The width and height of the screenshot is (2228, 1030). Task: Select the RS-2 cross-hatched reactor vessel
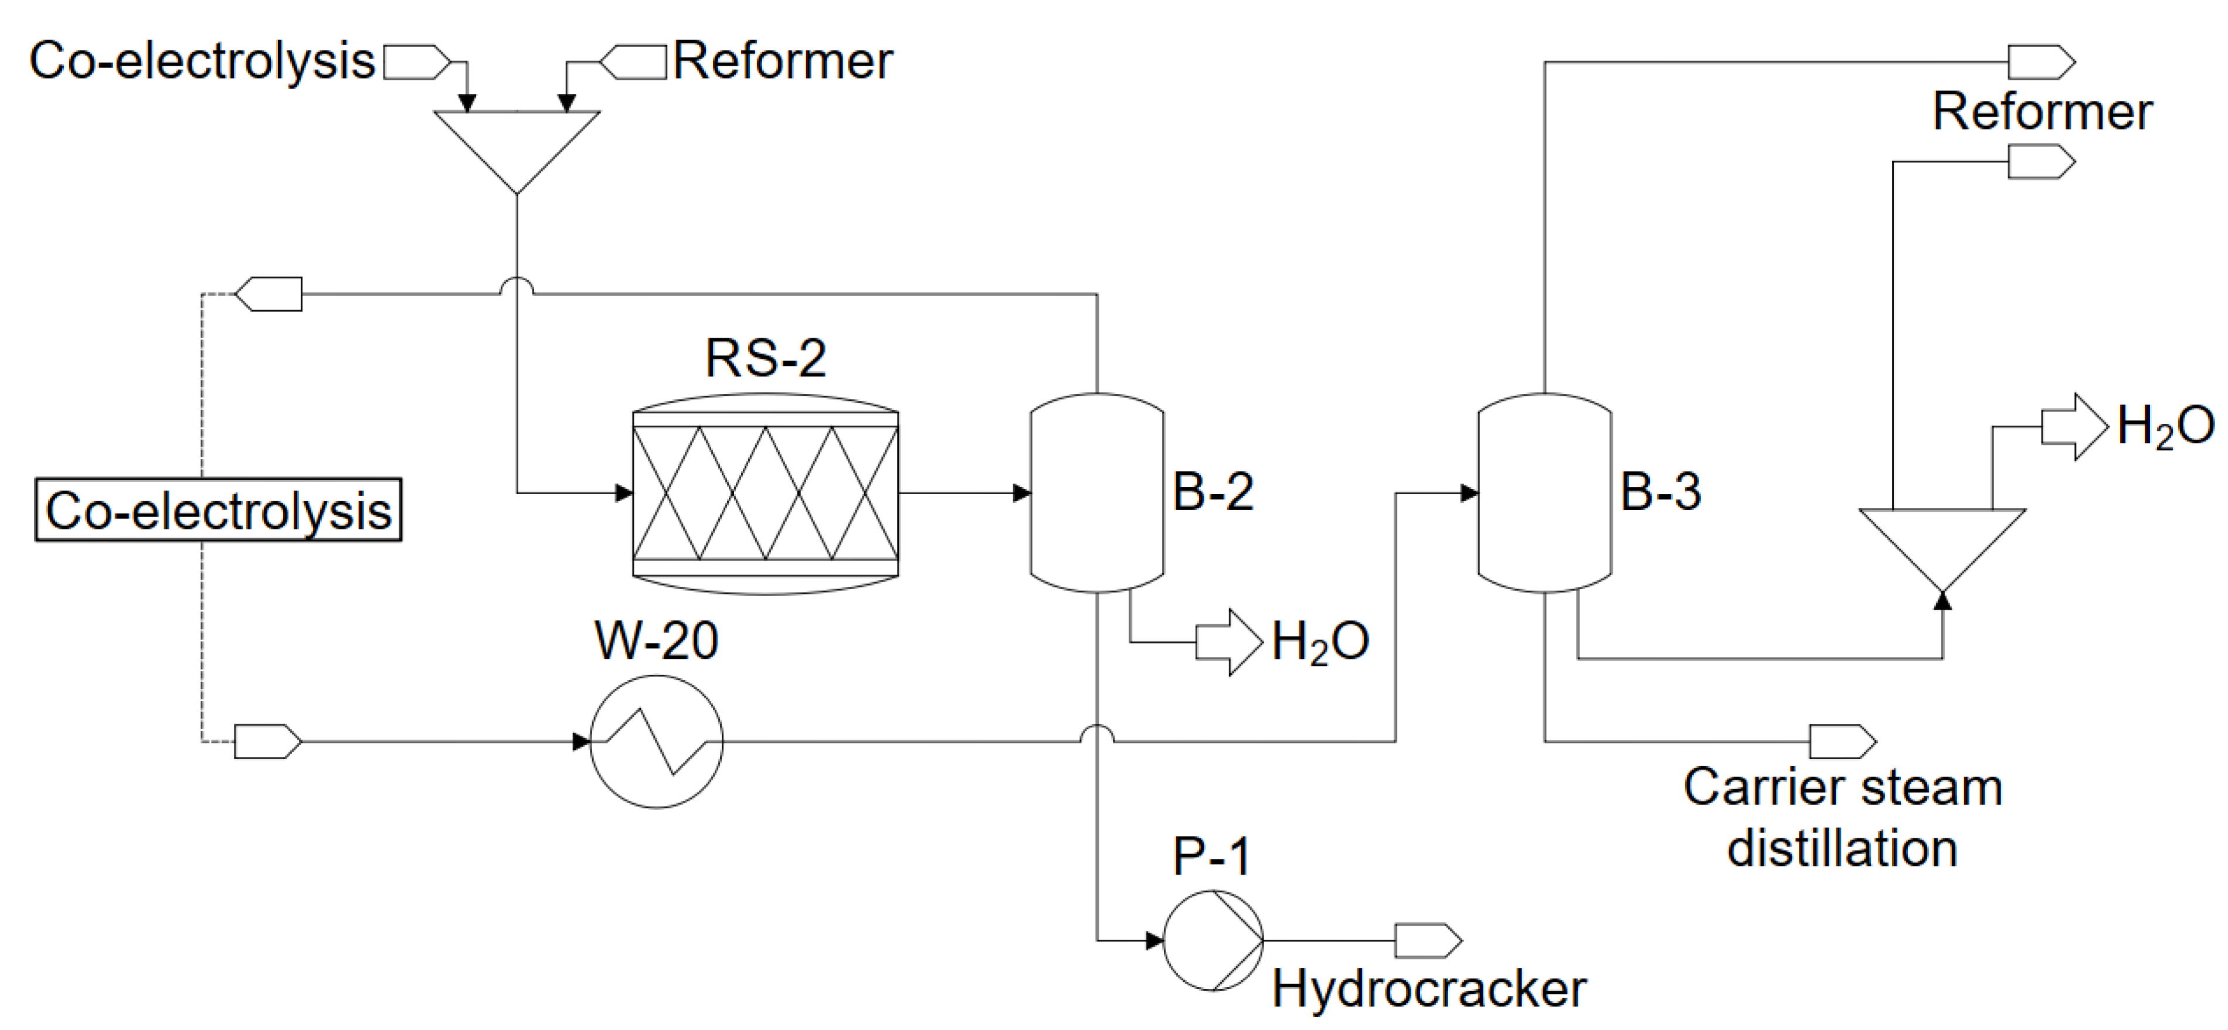tap(766, 494)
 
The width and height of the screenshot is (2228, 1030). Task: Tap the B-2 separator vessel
tap(1096, 493)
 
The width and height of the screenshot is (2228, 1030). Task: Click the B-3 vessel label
tap(1660, 491)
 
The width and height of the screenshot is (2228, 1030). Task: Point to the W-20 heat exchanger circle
tap(657, 741)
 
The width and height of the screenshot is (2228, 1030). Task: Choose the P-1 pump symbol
tap(1213, 940)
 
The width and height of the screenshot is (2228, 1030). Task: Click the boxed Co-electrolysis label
tap(218, 510)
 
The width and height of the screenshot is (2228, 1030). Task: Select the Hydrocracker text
tap(1429, 988)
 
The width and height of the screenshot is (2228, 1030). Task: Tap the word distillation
tap(1842, 848)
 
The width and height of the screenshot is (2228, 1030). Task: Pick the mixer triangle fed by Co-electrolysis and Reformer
tap(517, 142)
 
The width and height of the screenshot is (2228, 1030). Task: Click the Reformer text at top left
tap(783, 62)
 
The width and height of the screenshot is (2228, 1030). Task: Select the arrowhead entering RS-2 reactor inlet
tap(624, 494)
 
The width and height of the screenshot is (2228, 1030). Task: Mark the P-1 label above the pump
tap(1211, 856)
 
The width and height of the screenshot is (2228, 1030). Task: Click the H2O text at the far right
tap(2165, 426)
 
